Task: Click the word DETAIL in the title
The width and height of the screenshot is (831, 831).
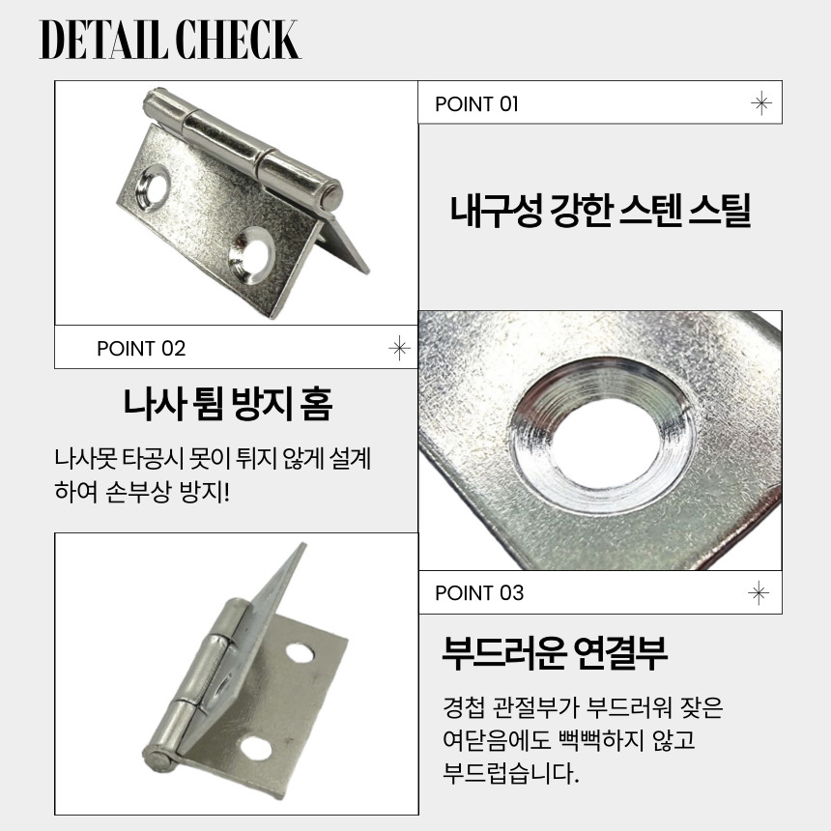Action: [x=102, y=40]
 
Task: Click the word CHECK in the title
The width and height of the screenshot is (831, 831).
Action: [x=237, y=40]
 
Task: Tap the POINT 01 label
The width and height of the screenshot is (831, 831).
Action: [x=476, y=104]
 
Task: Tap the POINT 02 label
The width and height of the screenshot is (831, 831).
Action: [x=141, y=348]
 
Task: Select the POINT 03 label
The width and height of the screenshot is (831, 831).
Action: [x=479, y=592]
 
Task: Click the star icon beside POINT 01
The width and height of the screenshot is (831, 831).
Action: [x=761, y=102]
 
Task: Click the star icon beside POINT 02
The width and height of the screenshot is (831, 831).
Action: [x=399, y=348]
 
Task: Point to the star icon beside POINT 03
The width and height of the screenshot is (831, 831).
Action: [x=759, y=592]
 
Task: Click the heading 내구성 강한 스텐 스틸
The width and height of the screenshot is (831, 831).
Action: [x=600, y=211]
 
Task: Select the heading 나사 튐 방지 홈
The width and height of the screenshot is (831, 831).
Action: [x=228, y=404]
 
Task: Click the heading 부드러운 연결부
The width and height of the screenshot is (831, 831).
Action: [x=555, y=653]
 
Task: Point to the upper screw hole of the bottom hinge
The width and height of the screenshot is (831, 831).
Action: [x=300, y=653]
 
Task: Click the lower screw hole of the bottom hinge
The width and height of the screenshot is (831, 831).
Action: [x=256, y=748]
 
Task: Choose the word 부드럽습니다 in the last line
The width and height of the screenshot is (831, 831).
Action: [x=511, y=773]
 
